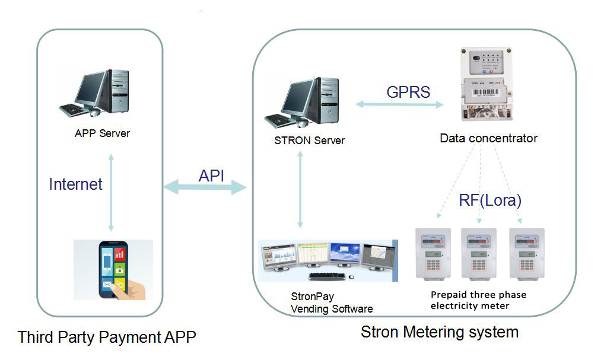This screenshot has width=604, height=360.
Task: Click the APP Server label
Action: (102, 133)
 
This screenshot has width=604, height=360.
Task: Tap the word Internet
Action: (75, 184)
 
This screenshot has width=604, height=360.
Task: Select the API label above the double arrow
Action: (212, 176)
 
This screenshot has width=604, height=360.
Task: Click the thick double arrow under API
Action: (205, 188)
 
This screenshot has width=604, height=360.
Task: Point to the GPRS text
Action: (408, 92)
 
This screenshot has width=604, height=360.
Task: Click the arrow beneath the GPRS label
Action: (399, 105)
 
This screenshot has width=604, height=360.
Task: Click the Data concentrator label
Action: (488, 138)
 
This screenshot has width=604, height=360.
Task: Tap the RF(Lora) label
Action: (490, 199)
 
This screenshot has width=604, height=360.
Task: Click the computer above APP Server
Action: (94, 93)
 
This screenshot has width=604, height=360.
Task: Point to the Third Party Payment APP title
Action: (107, 337)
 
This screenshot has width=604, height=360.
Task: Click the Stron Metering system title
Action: (439, 332)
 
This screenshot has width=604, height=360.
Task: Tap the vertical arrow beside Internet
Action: (111, 193)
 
